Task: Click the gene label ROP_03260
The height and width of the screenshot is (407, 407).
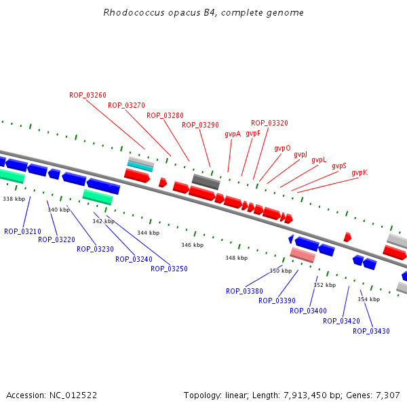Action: pyautogui.click(x=88, y=95)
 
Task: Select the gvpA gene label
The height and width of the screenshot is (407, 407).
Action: pyautogui.click(x=233, y=134)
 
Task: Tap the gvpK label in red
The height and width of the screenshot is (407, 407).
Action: pyautogui.click(x=360, y=173)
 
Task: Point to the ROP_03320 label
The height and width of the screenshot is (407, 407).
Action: pyautogui.click(x=269, y=123)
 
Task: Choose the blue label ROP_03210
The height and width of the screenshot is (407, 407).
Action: pyautogui.click(x=22, y=232)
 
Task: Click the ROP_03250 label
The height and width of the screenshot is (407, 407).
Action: pyautogui.click(x=169, y=269)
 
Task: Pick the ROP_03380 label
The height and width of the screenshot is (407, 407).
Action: pyautogui.click(x=244, y=292)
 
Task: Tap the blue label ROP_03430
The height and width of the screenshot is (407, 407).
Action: pyautogui.click(x=371, y=331)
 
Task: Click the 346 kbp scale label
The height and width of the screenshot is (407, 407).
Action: pyautogui.click(x=192, y=245)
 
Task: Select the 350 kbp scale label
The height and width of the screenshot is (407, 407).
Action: pyautogui.click(x=280, y=271)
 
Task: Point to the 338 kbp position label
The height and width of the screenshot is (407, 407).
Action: pyautogui.click(x=14, y=199)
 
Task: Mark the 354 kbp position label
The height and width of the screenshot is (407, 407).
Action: pyautogui.click(x=368, y=299)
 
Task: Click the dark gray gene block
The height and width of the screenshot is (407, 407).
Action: pyautogui.click(x=206, y=182)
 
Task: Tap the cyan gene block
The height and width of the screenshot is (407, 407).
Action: pyautogui.click(x=140, y=166)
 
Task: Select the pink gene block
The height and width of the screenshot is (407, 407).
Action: pyautogui.click(x=303, y=255)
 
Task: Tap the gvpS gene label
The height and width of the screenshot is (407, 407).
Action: pyautogui.click(x=339, y=166)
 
